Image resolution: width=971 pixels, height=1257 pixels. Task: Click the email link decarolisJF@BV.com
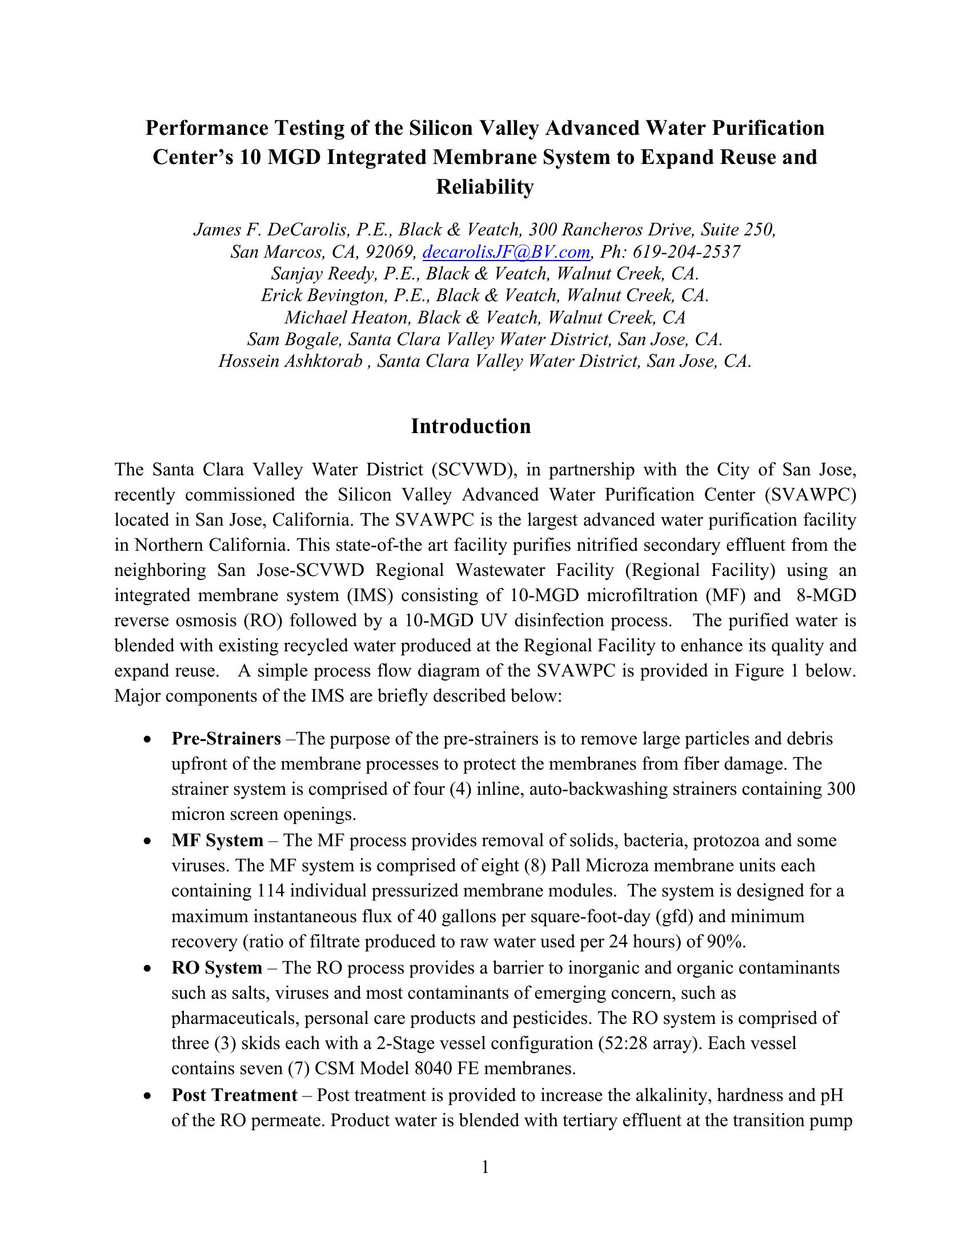[x=507, y=251]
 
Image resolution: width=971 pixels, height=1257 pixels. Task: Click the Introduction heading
[x=471, y=426]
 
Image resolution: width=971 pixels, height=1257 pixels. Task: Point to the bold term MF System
[x=217, y=840]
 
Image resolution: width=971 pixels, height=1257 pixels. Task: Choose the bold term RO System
[x=216, y=967]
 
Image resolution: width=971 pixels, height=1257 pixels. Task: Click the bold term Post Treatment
[x=234, y=1095]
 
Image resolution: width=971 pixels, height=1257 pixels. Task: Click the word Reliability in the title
[x=485, y=187]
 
